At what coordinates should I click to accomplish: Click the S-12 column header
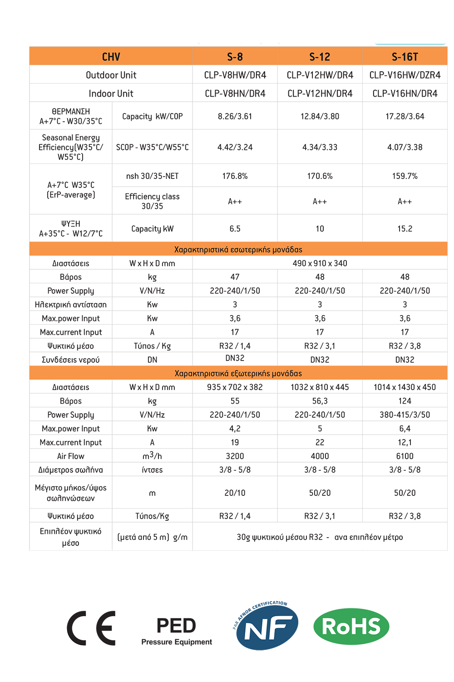[320, 57]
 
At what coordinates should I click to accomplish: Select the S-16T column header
[405, 57]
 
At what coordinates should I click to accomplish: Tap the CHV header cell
[111, 57]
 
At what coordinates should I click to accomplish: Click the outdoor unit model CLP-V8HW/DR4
[235, 75]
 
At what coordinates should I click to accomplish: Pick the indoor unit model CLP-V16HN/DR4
[405, 94]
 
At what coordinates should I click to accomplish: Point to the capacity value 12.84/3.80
[320, 116]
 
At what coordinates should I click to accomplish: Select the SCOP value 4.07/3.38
[405, 147]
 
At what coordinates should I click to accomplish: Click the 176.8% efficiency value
[235, 176]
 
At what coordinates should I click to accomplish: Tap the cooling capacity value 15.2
[405, 229]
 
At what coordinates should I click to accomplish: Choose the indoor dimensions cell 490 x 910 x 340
[320, 263]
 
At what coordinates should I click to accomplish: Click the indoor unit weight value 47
[235, 277]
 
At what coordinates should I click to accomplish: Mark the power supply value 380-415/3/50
[405, 415]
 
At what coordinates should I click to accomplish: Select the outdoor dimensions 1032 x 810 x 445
[320, 387]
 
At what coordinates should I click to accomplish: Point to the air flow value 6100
[405, 456]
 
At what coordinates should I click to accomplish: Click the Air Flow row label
[71, 456]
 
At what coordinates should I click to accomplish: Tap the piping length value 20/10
[235, 493]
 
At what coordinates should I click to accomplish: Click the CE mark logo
[92, 628]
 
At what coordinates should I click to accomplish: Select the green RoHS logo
[351, 627]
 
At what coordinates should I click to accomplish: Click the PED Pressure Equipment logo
[177, 630]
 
